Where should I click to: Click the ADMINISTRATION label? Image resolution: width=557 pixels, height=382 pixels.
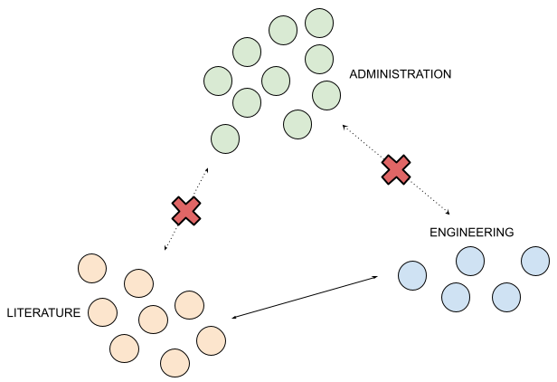400,74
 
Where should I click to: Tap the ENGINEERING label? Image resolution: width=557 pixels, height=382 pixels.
471,233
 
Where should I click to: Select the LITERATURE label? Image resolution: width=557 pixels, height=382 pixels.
44,313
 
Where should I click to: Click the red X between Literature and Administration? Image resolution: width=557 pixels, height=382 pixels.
186,210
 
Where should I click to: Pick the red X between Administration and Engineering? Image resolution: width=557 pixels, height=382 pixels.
395,168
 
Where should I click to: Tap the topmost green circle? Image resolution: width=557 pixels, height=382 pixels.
319,23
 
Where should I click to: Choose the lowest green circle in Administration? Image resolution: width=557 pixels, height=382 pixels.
225,139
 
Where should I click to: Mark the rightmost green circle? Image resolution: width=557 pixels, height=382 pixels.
326,93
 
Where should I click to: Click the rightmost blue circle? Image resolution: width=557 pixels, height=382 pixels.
535,261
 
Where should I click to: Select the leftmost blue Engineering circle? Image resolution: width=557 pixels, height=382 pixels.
411,274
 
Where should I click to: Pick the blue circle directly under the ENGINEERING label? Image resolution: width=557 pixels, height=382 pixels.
470,262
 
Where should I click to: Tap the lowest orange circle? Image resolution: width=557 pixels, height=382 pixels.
175,362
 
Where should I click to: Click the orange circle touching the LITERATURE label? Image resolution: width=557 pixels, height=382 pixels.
103,313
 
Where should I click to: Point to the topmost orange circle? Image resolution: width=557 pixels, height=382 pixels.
92,269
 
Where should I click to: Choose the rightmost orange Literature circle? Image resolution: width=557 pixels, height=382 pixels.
210,340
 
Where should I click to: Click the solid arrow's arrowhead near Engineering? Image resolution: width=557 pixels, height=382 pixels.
374,278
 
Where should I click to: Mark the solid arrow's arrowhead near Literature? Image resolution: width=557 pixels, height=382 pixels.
235,318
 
